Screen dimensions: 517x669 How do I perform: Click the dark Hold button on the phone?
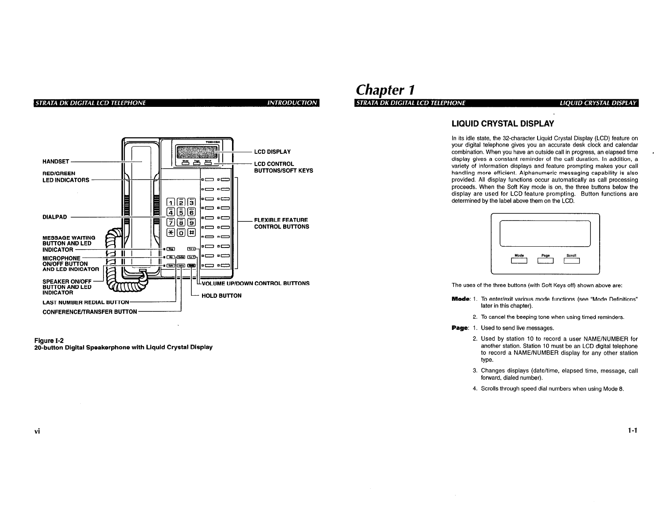click(191, 265)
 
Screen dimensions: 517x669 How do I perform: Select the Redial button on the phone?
click(181, 257)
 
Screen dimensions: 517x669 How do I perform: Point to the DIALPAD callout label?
click(55, 217)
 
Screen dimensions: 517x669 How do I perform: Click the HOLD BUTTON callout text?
click(221, 296)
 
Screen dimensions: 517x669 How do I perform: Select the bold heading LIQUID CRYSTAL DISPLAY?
click(502, 124)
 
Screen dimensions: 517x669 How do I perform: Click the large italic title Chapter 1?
click(386, 90)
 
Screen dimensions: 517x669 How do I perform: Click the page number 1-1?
click(632, 430)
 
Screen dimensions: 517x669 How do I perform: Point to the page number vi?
click(37, 431)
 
